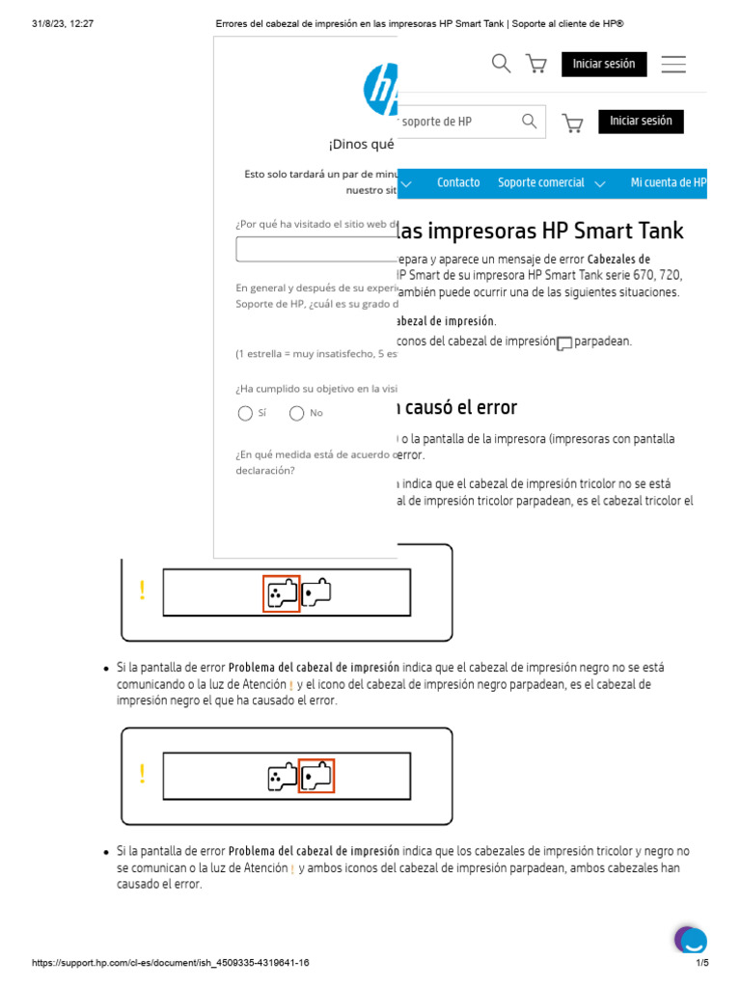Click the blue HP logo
click(x=381, y=90)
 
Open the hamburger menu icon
click(x=673, y=65)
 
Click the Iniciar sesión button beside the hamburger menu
click(x=604, y=65)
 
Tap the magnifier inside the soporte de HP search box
click(x=529, y=122)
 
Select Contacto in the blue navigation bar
click(x=458, y=182)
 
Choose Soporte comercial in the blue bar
click(x=541, y=182)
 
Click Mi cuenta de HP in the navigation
click(x=668, y=182)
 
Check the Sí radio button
click(x=245, y=414)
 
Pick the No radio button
click(x=297, y=414)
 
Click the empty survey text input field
click(x=316, y=250)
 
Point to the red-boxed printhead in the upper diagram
click(x=282, y=593)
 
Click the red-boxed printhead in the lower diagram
click(x=316, y=776)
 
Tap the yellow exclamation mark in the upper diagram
click(x=142, y=590)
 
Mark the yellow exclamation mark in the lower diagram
click(x=142, y=774)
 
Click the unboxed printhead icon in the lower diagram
click(x=283, y=776)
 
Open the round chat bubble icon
click(x=691, y=941)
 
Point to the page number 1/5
click(x=702, y=963)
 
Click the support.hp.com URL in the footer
click(x=171, y=963)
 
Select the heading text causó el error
click(x=457, y=407)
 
